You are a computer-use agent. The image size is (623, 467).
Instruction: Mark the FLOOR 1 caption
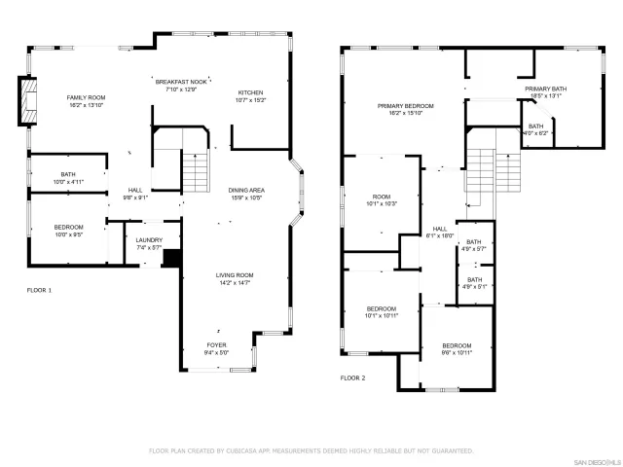[x=39, y=290]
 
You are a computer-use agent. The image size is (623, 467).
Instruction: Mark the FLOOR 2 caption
[x=352, y=377]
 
